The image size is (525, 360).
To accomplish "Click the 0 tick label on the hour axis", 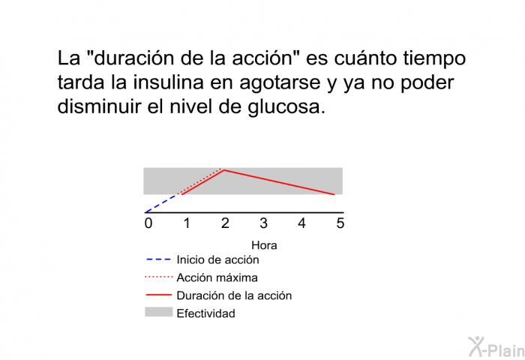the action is coord(148,223).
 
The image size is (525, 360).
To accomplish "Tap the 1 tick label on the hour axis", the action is coord(187,223).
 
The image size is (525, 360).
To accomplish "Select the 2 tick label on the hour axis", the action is coord(225,223).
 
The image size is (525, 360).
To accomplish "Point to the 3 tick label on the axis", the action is coord(263,223).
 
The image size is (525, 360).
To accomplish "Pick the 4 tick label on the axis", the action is coord(302,223).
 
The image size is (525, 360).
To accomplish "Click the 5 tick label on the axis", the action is coord(340,223).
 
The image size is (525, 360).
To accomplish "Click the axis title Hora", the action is coord(264,245).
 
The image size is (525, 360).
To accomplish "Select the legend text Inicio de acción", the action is coord(217,259).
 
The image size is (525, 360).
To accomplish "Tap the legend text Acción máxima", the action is coord(217,277).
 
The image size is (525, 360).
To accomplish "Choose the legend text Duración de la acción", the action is coord(234,295).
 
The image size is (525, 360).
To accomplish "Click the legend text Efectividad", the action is coord(206,313).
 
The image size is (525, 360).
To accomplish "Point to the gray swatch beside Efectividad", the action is coord(159,312).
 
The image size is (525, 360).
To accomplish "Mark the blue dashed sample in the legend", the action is coord(159,259).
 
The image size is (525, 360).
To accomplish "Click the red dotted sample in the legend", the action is coord(159,277).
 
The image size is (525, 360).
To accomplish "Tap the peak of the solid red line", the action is coord(224,170).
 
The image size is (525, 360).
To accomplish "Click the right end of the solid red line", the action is coord(334,194).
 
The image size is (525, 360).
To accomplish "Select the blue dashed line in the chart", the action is coord(161,203).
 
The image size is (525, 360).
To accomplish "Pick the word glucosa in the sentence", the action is coord(286,107).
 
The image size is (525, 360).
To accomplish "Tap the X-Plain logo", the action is coord(496,347).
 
